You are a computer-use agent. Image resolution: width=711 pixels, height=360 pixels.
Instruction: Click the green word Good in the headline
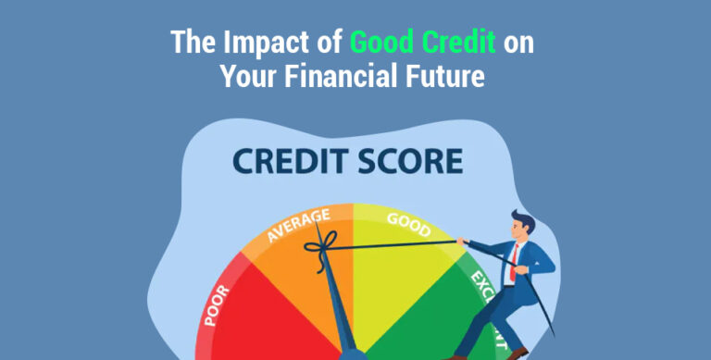pyautogui.click(x=381, y=43)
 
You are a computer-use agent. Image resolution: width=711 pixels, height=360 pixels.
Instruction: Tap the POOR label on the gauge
pyautogui.click(x=218, y=304)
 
